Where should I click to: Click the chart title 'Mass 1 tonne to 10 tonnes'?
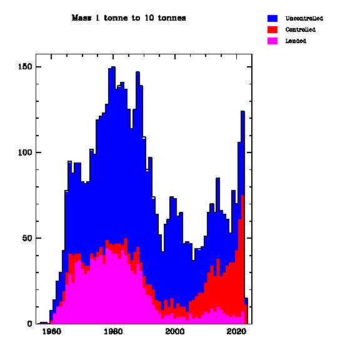pos(129,18)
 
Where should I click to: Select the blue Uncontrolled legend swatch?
pos(272,18)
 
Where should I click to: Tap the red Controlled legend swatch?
pos(272,29)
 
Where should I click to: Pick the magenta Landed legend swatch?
pos(272,41)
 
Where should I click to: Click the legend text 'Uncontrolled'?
pos(304,18)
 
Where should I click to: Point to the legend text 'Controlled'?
pos(300,29)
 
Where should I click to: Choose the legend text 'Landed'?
pos(296,41)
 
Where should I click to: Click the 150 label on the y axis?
pos(25,67)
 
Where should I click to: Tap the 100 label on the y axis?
pos(25,152)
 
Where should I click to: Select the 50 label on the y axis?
pos(27,238)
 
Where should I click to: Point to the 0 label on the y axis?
pos(29,324)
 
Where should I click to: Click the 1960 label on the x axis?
pos(52,331)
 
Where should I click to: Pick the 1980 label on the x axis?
pos(113,331)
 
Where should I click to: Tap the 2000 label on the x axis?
pos(175,331)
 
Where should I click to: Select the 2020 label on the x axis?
pos(236,331)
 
